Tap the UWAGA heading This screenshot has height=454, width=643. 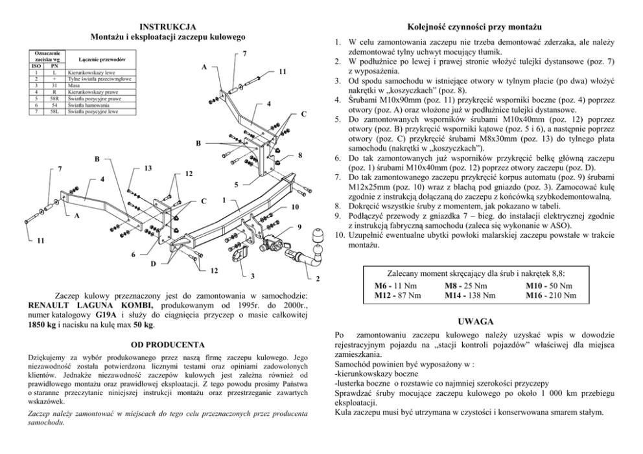click(x=476, y=321)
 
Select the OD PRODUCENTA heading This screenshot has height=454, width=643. click(x=168, y=344)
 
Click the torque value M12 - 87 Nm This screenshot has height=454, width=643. click(x=398, y=295)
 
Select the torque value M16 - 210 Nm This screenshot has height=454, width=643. click(x=550, y=295)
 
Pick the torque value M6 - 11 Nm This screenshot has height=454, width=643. click(x=395, y=286)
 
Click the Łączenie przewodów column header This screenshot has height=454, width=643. click(x=97, y=60)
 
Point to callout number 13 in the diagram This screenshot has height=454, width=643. click(x=148, y=168)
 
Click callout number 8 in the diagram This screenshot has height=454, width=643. click(x=300, y=155)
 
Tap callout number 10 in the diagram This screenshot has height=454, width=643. click(x=295, y=207)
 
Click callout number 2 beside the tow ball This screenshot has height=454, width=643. click(x=318, y=279)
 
